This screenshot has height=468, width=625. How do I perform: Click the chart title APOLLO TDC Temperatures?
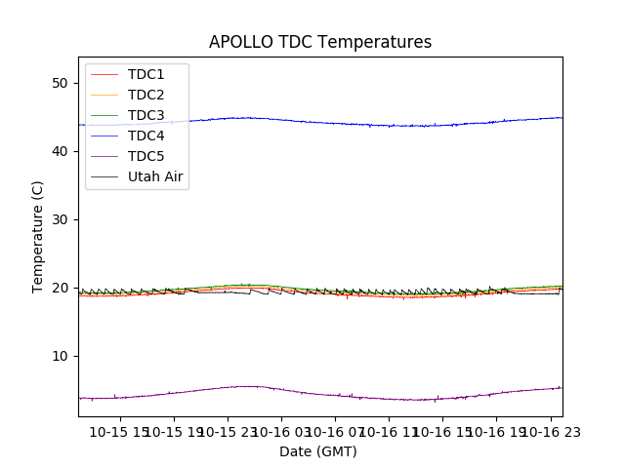pyautogui.click(x=320, y=42)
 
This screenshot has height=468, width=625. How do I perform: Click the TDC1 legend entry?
pyautogui.click(x=146, y=74)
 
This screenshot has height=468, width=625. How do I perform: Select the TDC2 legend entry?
pyautogui.click(x=146, y=95)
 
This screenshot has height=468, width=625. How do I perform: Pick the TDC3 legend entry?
pyautogui.click(x=146, y=115)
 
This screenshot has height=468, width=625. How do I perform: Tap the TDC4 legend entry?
pyautogui.click(x=146, y=136)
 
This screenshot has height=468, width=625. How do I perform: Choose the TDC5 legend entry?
pyautogui.click(x=146, y=156)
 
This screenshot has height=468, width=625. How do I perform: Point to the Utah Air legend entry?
pyautogui.click(x=155, y=176)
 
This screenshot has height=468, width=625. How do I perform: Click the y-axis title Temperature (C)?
pyautogui.click(x=38, y=236)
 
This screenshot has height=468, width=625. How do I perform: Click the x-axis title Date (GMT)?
pyautogui.click(x=318, y=451)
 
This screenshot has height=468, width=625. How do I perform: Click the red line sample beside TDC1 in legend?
pyautogui.click(x=105, y=74)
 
